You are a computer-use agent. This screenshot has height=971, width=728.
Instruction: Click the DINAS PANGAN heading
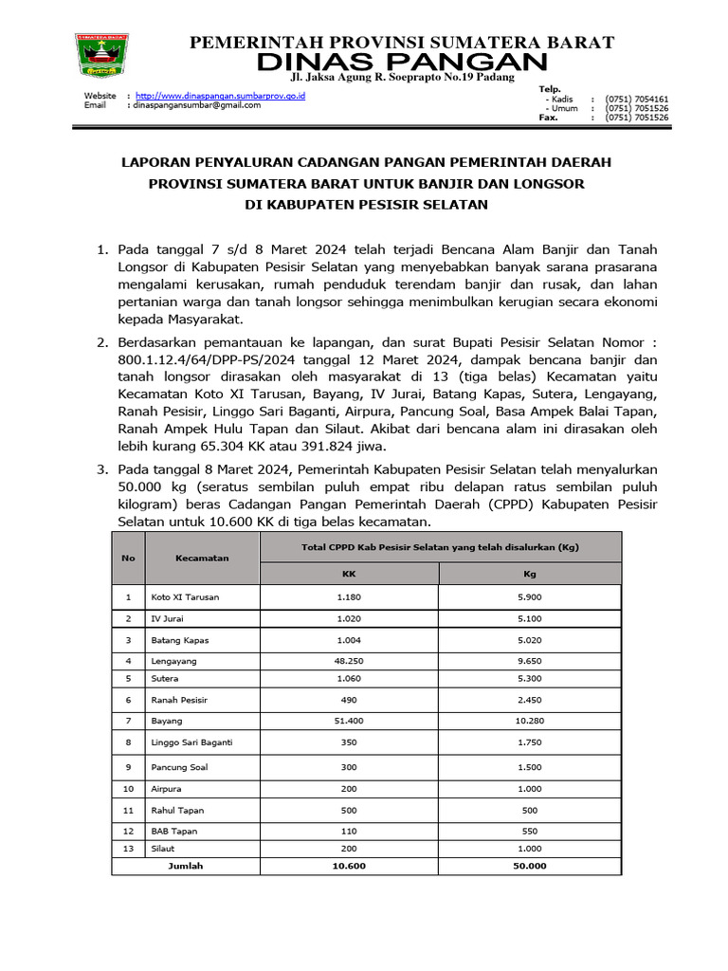point(402,63)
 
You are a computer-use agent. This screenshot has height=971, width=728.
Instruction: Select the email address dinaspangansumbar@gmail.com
point(196,105)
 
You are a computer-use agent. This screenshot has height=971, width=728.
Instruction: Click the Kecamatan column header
point(202,559)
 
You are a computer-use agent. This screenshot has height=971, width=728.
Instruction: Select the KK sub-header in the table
point(349,574)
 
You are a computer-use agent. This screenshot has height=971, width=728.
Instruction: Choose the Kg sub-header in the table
point(530,574)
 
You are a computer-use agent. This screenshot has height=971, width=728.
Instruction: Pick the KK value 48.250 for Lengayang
point(349,660)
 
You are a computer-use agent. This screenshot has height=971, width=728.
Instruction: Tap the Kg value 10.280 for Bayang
point(530,722)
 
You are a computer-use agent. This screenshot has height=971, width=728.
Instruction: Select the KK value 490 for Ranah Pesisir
point(349,700)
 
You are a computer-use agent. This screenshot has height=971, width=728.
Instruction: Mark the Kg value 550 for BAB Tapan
point(530,830)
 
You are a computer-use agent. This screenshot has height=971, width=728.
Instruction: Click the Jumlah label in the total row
point(186,866)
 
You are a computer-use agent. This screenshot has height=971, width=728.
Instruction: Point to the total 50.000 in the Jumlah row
point(530,866)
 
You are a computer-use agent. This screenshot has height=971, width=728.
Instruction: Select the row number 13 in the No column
point(128,848)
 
